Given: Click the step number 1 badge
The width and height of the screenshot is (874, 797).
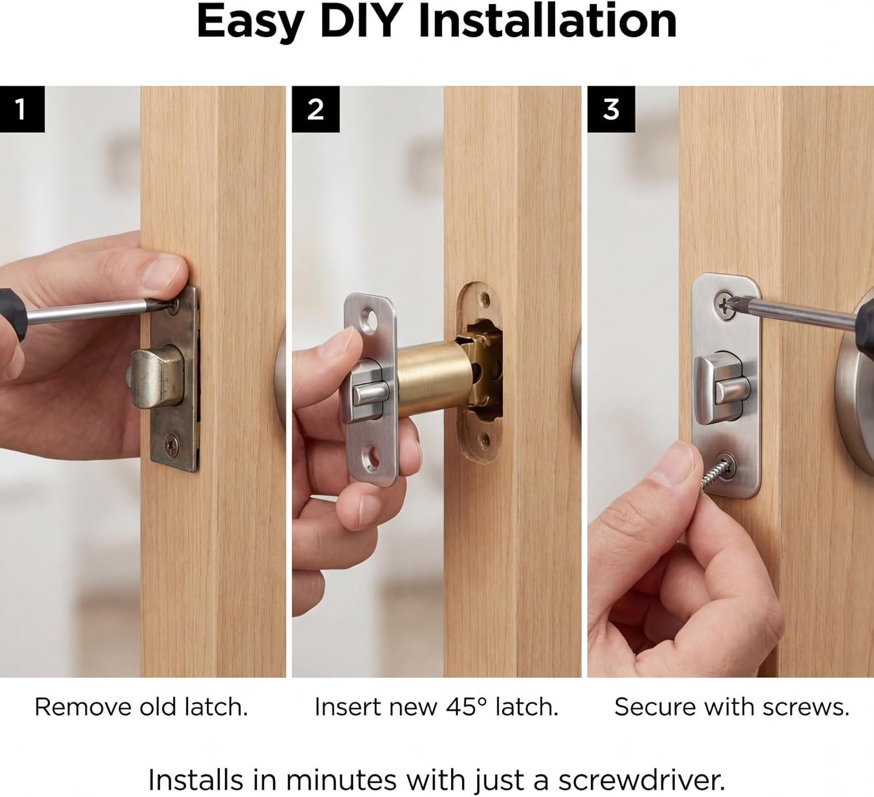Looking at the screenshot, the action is [22, 109].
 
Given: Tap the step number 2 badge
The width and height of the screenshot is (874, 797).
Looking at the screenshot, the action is [315, 109].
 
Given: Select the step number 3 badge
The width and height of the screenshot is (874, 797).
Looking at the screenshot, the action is [611, 109].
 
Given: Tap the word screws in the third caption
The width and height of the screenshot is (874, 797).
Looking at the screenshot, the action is [806, 707].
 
